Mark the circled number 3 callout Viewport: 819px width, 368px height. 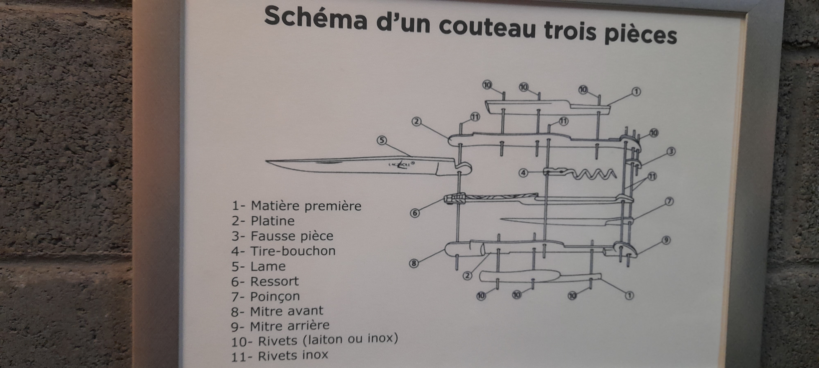point(671,152)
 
